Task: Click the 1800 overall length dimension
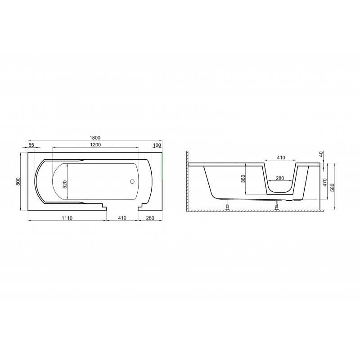tap(95, 138)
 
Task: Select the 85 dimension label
tap(31, 145)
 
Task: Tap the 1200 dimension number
tap(95, 144)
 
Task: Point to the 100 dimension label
tap(157, 145)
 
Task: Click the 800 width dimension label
tap(18, 181)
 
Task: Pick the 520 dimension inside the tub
tap(65, 184)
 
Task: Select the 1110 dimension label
tap(67, 218)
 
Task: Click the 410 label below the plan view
tap(122, 218)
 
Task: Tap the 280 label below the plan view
tap(150, 218)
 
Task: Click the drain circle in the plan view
tap(132, 181)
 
